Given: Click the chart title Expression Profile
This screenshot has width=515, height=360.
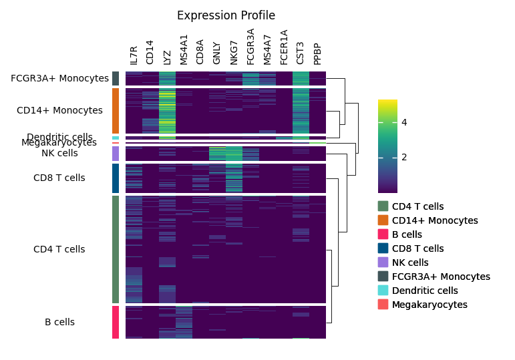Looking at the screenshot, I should pyautogui.click(x=226, y=15).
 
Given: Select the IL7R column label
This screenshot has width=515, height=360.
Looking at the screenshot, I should pyautogui.click(x=134, y=55).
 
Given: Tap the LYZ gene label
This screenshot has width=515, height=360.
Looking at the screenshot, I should pyautogui.click(x=167, y=57).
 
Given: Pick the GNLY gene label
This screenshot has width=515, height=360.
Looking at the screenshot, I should pyautogui.click(x=217, y=54).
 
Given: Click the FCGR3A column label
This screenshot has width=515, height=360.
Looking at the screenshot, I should pyautogui.click(x=250, y=47).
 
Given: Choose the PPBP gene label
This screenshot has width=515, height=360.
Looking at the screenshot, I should pyautogui.click(x=317, y=54).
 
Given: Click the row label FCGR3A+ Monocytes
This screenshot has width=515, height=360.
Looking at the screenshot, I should pyautogui.click(x=59, y=78).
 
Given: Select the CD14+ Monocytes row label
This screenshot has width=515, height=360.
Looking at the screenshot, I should pyautogui.click(x=59, y=110).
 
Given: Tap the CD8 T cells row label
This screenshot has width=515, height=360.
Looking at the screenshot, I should pyautogui.click(x=59, y=178).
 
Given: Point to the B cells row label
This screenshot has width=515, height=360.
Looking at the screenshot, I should pyautogui.click(x=59, y=322).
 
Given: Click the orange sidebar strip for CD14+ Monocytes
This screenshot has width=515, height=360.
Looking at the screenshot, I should pyautogui.click(x=116, y=111).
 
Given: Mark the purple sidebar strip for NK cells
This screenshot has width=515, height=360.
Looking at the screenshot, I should pyautogui.click(x=116, y=154).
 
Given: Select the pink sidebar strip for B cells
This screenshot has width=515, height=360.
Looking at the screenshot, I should pyautogui.click(x=116, y=322).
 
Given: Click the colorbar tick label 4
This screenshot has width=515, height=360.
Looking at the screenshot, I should pyautogui.click(x=404, y=122).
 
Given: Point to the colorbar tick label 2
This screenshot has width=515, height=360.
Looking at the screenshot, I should pyautogui.click(x=404, y=157).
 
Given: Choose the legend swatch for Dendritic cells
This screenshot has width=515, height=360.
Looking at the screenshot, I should pyautogui.click(x=383, y=291).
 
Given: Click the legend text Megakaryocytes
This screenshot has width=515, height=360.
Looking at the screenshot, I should pyautogui.click(x=430, y=305).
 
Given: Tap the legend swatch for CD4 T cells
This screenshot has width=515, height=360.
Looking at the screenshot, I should pyautogui.click(x=383, y=206).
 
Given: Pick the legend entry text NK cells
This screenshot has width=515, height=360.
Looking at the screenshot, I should pyautogui.click(x=410, y=262).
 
